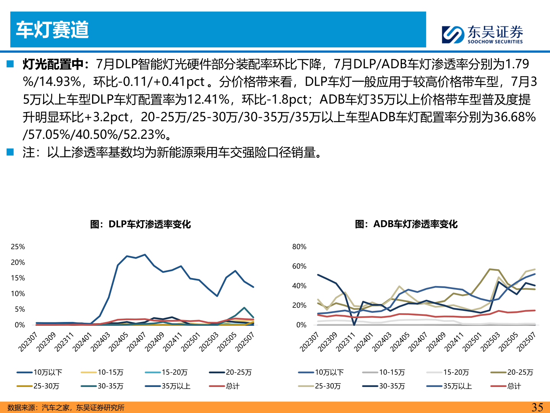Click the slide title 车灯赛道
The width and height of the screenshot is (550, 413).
(52, 30)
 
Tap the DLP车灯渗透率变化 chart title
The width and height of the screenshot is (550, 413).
(140, 224)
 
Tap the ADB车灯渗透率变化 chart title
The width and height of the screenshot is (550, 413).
(406, 224)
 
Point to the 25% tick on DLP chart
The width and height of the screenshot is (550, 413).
(18, 247)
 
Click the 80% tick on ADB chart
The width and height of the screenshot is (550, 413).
(299, 247)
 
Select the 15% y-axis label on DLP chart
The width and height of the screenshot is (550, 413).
(18, 278)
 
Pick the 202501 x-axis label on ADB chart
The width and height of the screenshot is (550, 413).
(472, 341)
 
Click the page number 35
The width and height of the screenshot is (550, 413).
(537, 407)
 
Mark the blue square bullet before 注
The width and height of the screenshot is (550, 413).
(10, 152)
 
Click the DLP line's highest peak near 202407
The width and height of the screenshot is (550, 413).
(145, 255)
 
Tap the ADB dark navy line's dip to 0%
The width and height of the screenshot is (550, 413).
(354, 324)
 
